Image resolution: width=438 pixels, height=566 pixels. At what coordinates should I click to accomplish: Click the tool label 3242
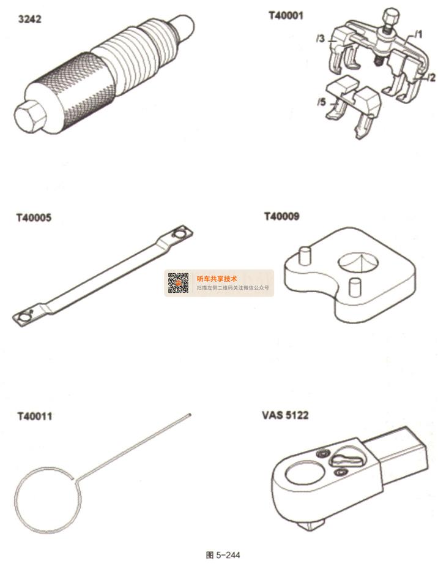pyautogui.click(x=29, y=19)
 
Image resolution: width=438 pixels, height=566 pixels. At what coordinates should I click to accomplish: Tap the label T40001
pyautogui.click(x=286, y=15)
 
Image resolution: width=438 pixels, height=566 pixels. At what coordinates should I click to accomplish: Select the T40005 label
pyautogui.click(x=34, y=217)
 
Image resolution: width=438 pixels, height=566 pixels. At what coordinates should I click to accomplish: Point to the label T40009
pyautogui.click(x=281, y=216)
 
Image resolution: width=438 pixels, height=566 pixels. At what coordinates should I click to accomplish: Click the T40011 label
pyautogui.click(x=35, y=416)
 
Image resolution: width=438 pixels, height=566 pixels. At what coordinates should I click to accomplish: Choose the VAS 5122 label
pyautogui.click(x=285, y=415)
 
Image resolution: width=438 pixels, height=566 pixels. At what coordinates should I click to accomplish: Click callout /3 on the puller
pyautogui.click(x=320, y=38)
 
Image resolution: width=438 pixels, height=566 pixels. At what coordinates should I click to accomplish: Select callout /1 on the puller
pyautogui.click(x=418, y=34)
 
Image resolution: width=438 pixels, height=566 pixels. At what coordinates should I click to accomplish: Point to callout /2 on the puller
pyautogui.click(x=431, y=77)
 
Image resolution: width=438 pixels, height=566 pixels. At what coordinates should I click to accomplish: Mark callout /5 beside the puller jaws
pyautogui.click(x=321, y=102)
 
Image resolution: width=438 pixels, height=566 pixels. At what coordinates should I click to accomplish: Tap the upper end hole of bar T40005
pyautogui.click(x=179, y=233)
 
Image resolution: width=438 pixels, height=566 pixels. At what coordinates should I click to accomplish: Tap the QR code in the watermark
pyautogui.click(x=178, y=283)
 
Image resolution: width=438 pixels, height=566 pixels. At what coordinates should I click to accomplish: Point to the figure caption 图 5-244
pyautogui.click(x=223, y=555)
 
